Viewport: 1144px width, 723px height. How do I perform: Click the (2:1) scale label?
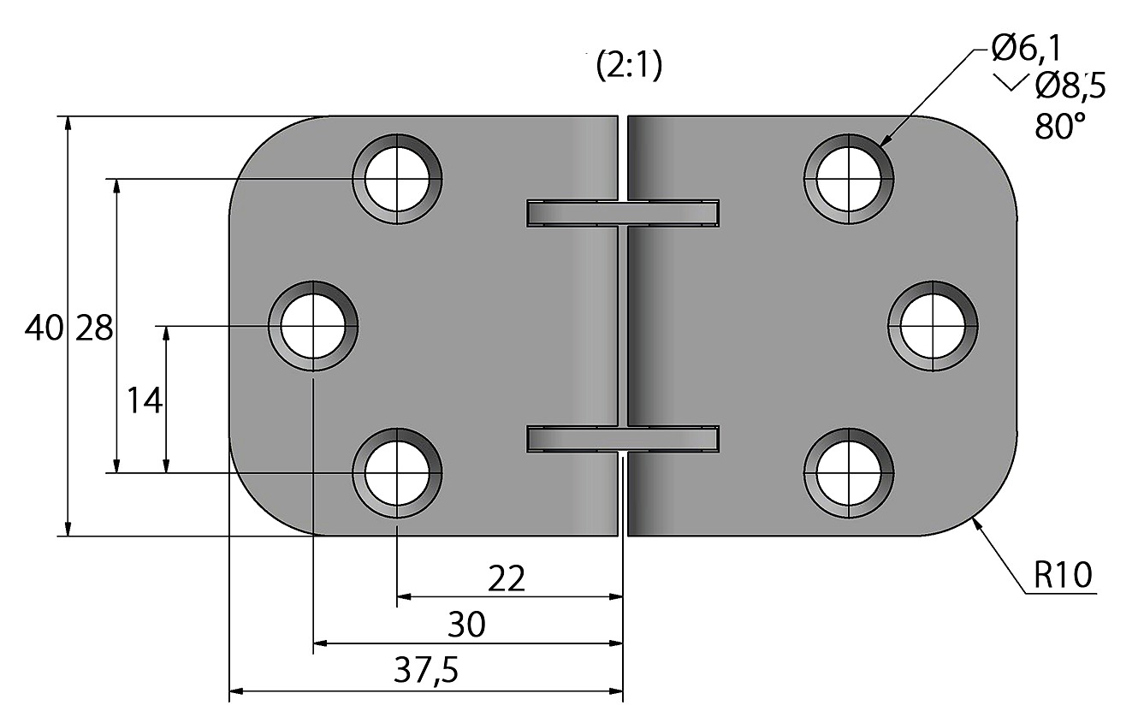629,66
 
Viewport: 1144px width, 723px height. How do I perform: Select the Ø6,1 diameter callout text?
1027,49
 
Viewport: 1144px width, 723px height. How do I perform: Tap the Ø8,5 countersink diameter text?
1070,86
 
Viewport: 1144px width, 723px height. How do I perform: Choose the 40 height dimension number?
44,328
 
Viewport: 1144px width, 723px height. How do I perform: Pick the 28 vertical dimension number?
94,328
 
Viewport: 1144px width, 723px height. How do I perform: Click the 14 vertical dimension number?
145,400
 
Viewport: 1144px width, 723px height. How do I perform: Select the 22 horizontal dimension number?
507,578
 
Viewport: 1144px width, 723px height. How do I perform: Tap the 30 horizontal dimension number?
466,625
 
